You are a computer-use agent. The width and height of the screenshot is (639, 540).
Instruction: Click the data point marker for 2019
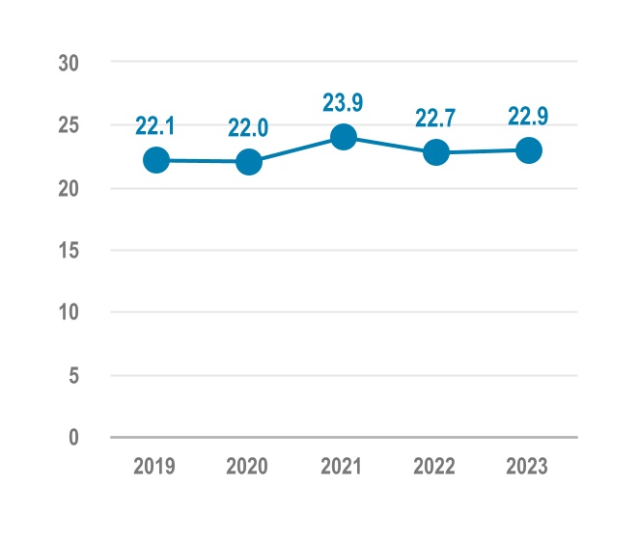[156, 160]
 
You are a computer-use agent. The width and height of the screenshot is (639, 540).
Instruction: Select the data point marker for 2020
[249, 161]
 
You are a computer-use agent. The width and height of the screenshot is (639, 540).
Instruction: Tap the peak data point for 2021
[343, 137]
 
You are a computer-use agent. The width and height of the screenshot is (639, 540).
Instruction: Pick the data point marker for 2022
[436, 152]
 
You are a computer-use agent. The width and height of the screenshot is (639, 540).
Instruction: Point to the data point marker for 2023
[528, 150]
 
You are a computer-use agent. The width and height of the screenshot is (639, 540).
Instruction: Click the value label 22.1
[155, 125]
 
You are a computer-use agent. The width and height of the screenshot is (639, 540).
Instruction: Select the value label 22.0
[248, 127]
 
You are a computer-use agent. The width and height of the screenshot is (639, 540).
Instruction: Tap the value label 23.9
[343, 103]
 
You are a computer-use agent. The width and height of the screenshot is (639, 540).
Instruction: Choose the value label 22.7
[435, 119]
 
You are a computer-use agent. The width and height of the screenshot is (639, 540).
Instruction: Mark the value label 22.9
[528, 117]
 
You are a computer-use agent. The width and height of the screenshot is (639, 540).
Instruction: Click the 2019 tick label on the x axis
[154, 467]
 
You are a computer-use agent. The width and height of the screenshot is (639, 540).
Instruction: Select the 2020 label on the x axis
[248, 467]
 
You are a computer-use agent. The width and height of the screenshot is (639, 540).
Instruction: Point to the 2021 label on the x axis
[342, 467]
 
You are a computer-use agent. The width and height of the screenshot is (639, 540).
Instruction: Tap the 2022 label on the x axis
[435, 467]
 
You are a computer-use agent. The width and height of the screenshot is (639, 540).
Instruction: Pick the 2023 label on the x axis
[528, 467]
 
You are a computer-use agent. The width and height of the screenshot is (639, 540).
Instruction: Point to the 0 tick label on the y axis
[73, 438]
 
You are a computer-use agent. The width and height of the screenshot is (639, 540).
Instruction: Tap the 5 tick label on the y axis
[73, 375]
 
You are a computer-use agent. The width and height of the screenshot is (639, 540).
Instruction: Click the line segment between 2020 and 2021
[295, 149]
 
